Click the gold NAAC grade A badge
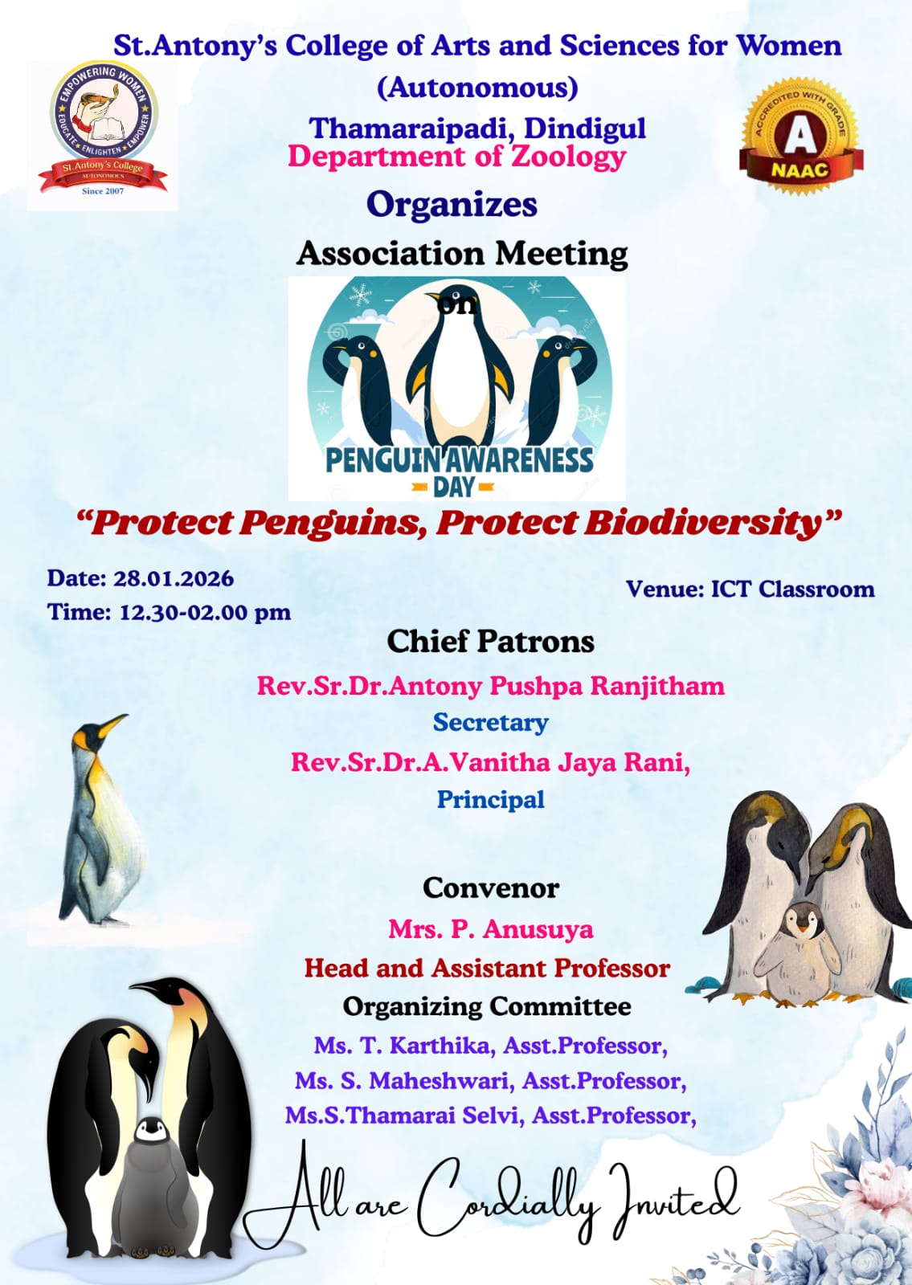[x=801, y=137]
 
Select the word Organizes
[x=452, y=205]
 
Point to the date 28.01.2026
[x=174, y=578]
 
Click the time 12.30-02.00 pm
[x=205, y=612]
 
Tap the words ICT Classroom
[x=792, y=589]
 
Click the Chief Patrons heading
[x=491, y=642]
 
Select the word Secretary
[x=491, y=723]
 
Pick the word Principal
[x=491, y=800]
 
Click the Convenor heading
[x=491, y=888]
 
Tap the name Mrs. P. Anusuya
[x=491, y=928]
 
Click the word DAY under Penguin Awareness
[x=453, y=487]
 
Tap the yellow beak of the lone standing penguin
[x=112, y=724]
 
